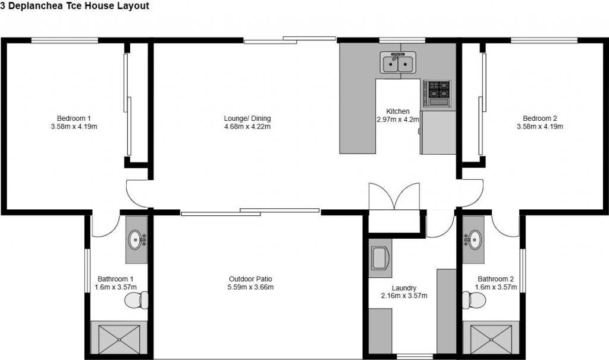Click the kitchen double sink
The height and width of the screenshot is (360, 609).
point(398,63)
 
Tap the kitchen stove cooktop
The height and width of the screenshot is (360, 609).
point(437,93)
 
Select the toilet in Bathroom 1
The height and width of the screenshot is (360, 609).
point(136,300)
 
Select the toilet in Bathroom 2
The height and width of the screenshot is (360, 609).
point(474,300)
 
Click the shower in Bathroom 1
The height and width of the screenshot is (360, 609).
point(119,339)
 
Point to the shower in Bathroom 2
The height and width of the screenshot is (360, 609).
point(491,339)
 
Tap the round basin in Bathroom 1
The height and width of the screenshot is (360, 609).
point(136,240)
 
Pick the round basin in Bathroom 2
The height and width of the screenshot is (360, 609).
point(473,239)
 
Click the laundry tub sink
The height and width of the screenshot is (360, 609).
point(380,258)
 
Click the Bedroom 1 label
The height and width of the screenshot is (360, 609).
point(74,118)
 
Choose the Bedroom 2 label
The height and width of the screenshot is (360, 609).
point(540,118)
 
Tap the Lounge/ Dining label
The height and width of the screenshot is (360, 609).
point(247,118)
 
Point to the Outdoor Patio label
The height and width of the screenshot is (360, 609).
point(250,278)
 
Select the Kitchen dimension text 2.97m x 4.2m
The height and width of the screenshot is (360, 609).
point(398,120)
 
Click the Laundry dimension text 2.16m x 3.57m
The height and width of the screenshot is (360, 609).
point(404,296)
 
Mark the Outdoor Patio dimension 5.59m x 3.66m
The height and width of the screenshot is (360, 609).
point(250,287)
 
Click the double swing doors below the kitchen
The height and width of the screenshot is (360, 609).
point(394,197)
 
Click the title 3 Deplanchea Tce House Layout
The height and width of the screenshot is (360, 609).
point(74,6)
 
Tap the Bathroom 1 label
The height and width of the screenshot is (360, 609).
point(115,278)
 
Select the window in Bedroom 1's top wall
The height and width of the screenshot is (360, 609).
point(64,40)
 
